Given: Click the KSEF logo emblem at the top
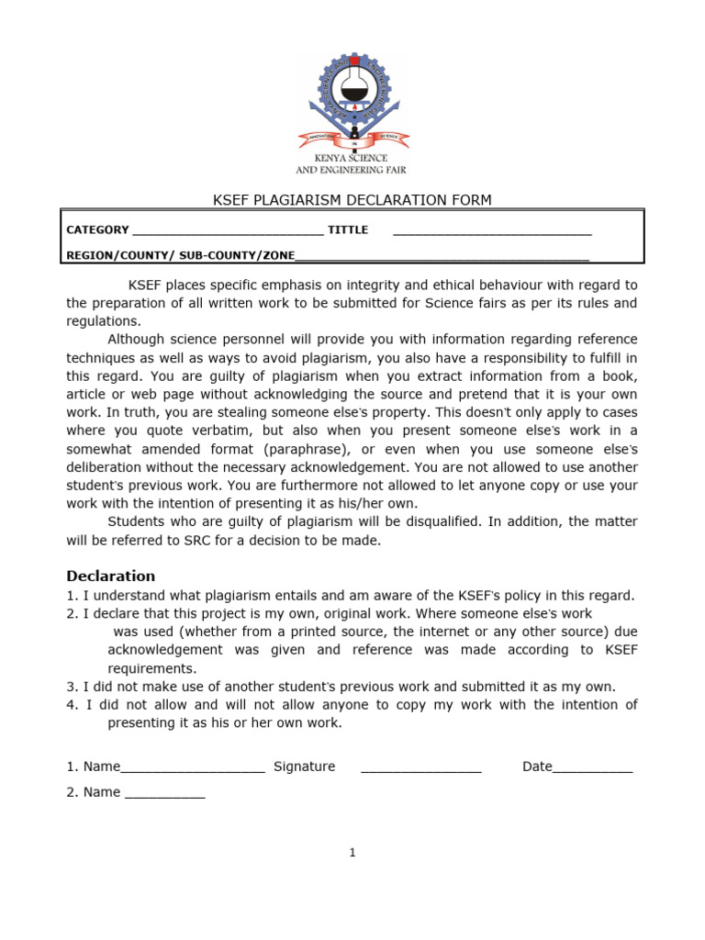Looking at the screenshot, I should point(352,101).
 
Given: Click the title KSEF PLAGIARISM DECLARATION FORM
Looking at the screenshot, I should point(352,200).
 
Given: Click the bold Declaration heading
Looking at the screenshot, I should point(111,576).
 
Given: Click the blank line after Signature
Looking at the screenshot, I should point(421,769).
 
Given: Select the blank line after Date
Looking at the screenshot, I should point(592,769).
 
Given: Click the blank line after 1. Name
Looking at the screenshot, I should point(193,769).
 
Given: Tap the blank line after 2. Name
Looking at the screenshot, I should point(164,795).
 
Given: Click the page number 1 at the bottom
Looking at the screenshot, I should point(352,853).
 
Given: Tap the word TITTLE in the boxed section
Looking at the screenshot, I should point(348,230).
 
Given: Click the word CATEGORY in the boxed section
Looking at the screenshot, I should point(98,230).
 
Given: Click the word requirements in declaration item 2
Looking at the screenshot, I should point(151,668).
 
